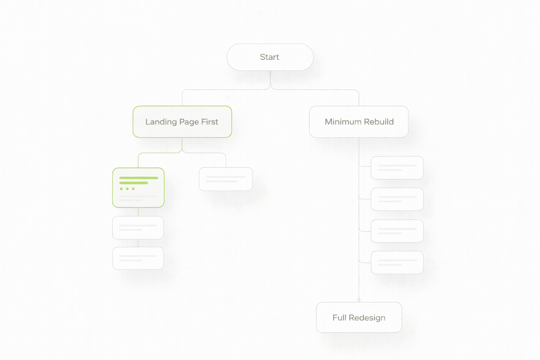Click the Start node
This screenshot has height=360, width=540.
(270, 57)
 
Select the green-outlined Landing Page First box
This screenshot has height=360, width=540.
(182, 122)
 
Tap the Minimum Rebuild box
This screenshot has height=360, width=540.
(359, 122)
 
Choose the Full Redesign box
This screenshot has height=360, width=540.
(359, 317)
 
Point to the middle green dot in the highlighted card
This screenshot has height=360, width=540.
(127, 189)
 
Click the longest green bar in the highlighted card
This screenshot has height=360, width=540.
(139, 178)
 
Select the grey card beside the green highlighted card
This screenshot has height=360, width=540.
(226, 179)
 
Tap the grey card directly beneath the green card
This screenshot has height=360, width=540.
(138, 228)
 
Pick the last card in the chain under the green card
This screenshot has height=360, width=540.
(138, 258)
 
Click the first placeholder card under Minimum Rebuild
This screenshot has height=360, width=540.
(397, 168)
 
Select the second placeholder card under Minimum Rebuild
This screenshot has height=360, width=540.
(397, 199)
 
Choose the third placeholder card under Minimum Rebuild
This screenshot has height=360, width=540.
(397, 231)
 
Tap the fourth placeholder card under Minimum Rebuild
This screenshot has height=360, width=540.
(397, 263)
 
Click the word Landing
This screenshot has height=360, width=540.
(161, 122)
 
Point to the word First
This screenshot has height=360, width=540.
(210, 122)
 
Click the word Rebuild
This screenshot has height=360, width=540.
(379, 122)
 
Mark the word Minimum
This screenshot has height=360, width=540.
(343, 122)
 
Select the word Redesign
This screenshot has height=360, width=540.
(367, 318)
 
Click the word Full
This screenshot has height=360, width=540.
(339, 317)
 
